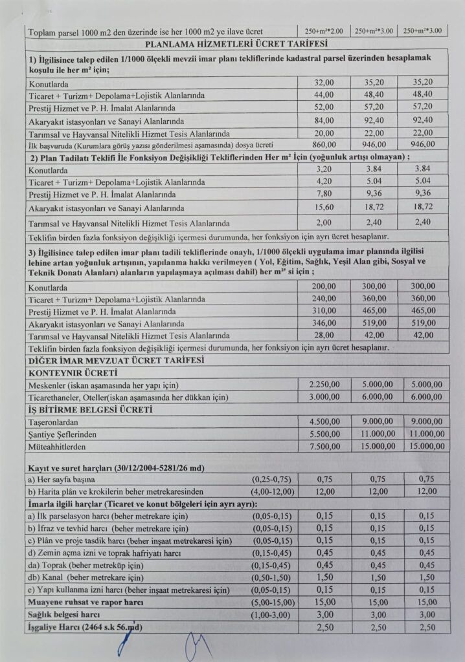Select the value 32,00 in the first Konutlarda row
click(x=323, y=83)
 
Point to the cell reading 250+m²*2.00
click(x=323, y=31)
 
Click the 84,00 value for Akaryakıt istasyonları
click(x=323, y=120)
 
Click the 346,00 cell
click(x=323, y=324)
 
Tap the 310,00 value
click(x=323, y=312)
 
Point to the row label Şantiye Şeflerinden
click(x=63, y=434)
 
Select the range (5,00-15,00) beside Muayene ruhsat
click(x=272, y=603)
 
